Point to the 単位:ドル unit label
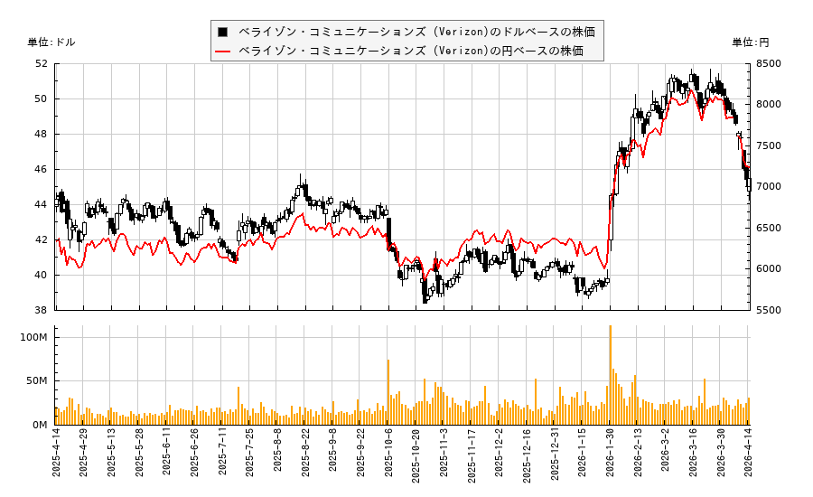click(x=51, y=42)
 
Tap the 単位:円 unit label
click(x=750, y=42)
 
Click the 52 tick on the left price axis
click(x=42, y=64)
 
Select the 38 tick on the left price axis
click(x=42, y=310)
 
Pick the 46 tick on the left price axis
click(x=42, y=170)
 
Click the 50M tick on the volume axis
click(x=37, y=381)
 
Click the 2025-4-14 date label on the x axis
click(x=56, y=458)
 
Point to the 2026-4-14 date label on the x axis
click(x=748, y=458)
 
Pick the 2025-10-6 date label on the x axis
click(x=388, y=458)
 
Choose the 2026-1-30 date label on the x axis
click(x=610, y=458)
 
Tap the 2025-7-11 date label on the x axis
click(x=222, y=458)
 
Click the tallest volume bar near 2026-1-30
click(x=610, y=375)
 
